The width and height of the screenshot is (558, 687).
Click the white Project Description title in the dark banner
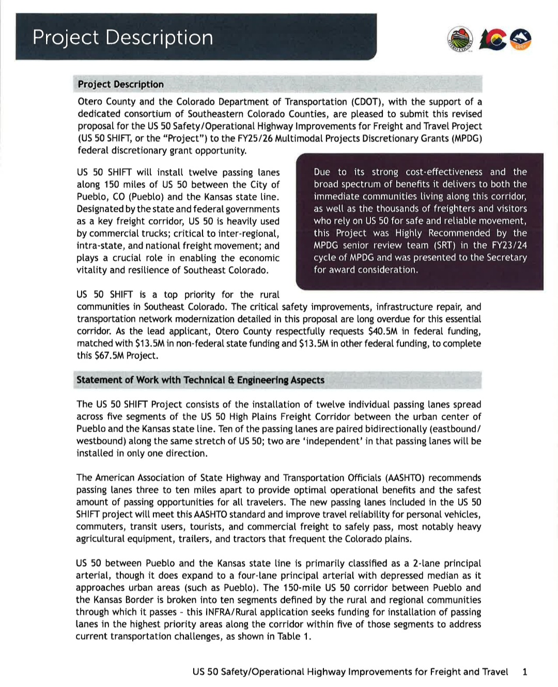(x=122, y=38)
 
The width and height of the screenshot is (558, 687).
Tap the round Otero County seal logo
(x=460, y=39)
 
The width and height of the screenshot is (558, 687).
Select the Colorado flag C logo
(x=492, y=40)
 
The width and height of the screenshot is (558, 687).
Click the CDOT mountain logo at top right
(x=521, y=40)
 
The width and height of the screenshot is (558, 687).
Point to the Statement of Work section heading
(x=200, y=380)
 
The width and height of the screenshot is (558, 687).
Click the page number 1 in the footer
(x=525, y=672)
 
